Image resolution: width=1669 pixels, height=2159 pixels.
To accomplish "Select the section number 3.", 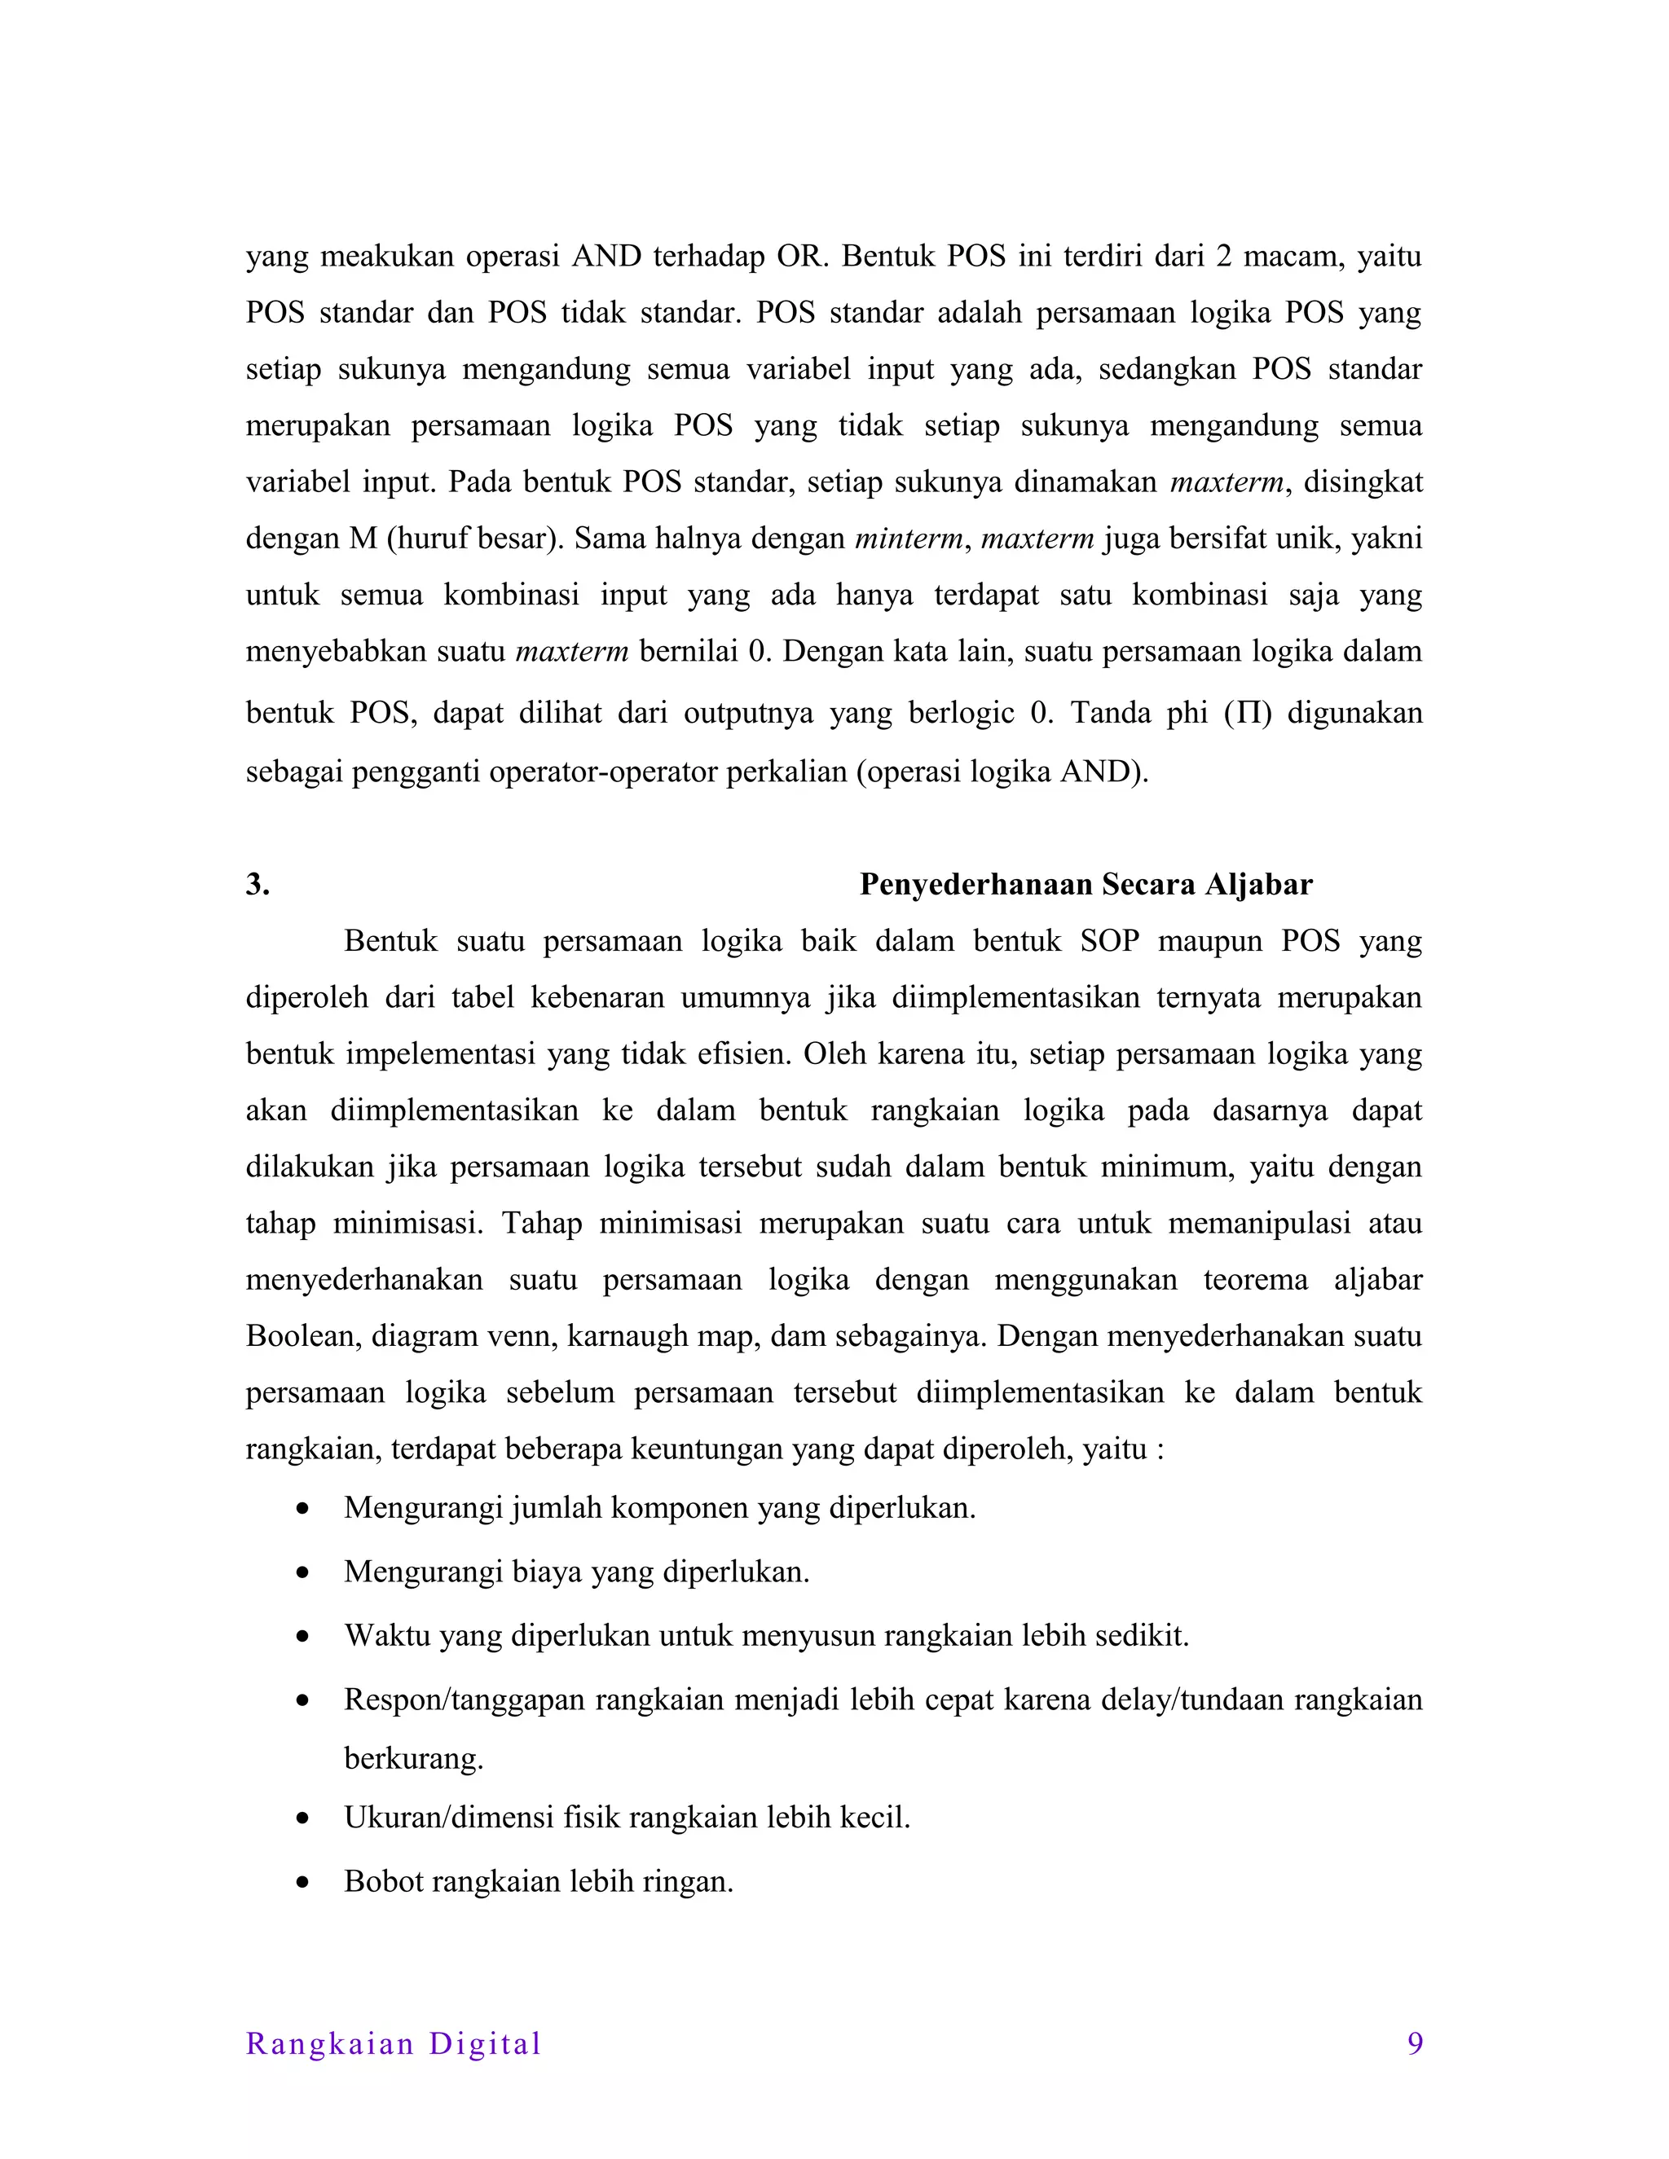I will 257,885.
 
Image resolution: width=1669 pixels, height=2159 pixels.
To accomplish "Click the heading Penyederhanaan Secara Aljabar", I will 1086,885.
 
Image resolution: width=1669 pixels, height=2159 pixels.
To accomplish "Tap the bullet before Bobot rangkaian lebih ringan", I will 302,1882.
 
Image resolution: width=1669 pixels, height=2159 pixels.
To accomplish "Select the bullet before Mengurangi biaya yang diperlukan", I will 302,1572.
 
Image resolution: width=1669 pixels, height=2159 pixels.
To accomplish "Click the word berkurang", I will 413,1759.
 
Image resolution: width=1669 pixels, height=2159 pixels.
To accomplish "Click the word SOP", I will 1109,941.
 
